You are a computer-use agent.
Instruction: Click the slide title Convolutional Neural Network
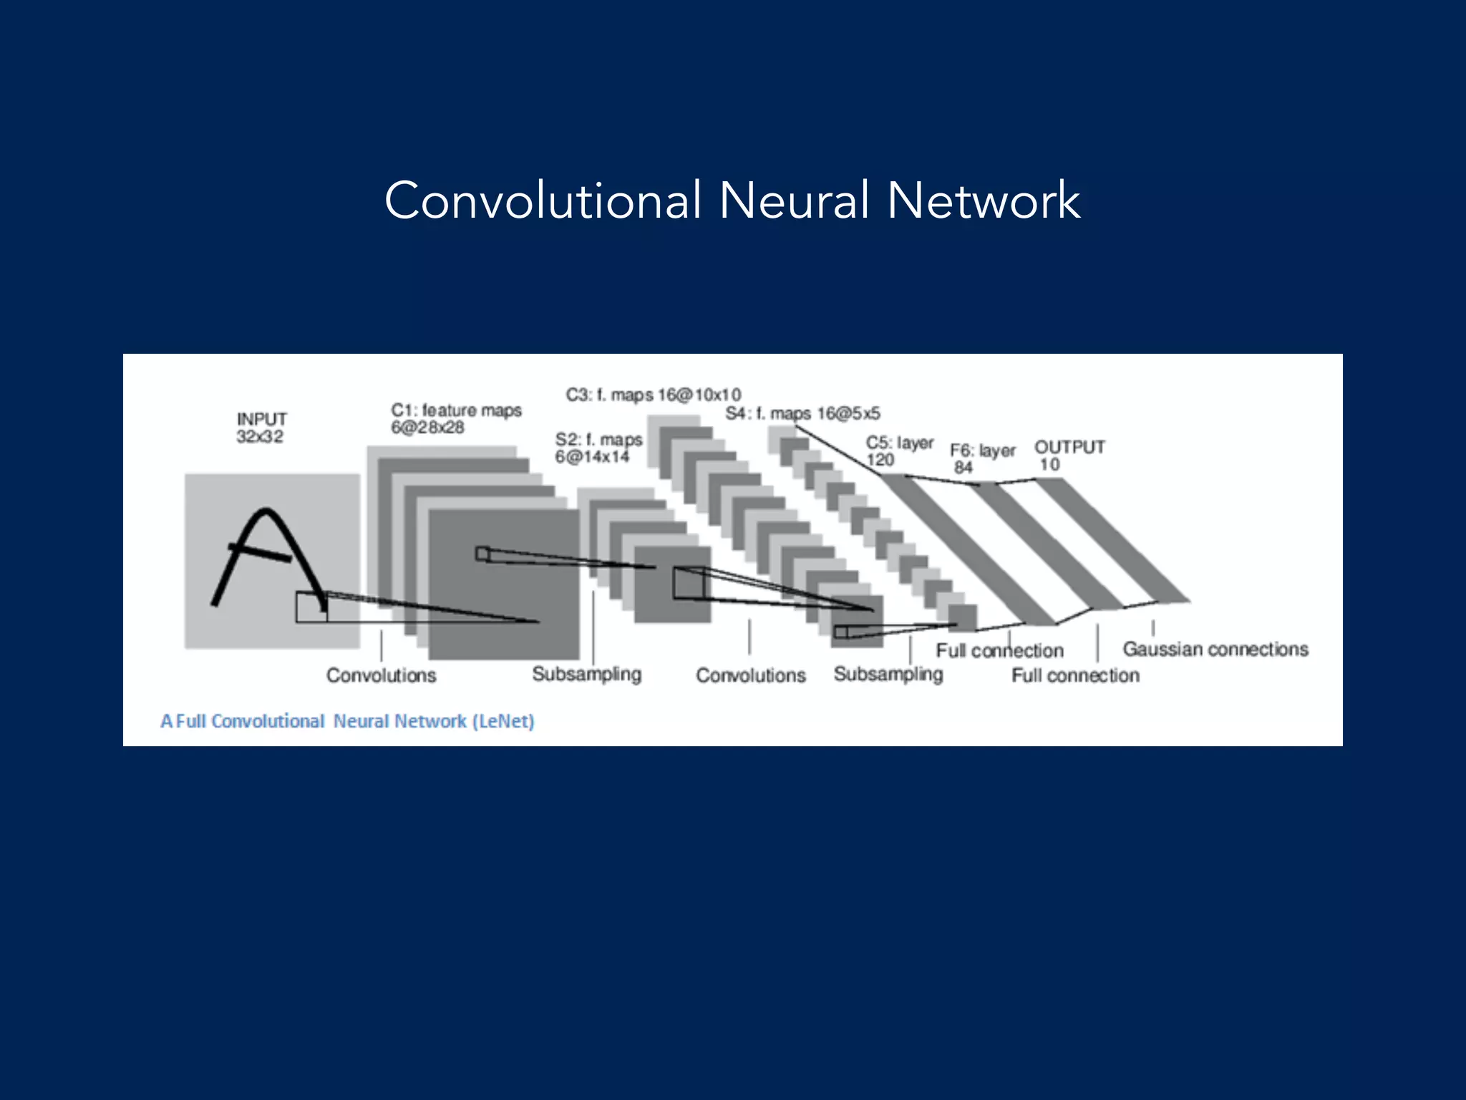(x=732, y=200)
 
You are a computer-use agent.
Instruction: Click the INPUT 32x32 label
(x=261, y=428)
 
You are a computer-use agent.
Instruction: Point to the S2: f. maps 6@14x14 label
(x=598, y=448)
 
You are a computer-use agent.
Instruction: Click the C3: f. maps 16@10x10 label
(x=653, y=395)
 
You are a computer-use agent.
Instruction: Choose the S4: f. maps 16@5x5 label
(x=802, y=413)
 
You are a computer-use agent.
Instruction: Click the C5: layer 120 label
(x=899, y=451)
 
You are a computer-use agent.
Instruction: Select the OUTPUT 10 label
(x=1069, y=455)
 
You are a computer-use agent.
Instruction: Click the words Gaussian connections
(x=1215, y=650)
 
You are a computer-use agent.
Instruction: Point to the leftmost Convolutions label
(x=381, y=675)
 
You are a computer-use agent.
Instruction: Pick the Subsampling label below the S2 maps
(x=586, y=675)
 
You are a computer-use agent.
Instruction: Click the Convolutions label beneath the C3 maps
(x=750, y=675)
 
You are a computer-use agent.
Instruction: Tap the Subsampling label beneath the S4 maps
(x=888, y=675)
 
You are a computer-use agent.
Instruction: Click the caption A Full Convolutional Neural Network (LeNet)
(x=347, y=721)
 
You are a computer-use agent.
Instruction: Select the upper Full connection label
(x=999, y=651)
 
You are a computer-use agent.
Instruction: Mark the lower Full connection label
(x=1075, y=675)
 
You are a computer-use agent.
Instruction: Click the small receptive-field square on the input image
(x=311, y=607)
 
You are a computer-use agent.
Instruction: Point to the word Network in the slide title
(x=984, y=200)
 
